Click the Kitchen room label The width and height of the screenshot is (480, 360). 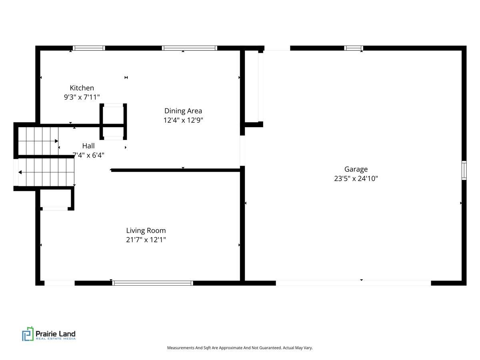(x=82, y=88)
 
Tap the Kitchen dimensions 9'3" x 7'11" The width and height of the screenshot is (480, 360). (x=82, y=97)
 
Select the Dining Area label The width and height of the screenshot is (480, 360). (x=183, y=111)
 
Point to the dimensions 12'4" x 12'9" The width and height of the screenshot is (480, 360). (x=183, y=120)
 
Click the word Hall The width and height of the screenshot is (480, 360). (x=88, y=146)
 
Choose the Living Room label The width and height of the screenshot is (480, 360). (x=146, y=231)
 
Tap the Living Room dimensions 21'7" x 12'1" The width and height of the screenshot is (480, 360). (x=146, y=240)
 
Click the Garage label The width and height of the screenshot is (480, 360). (x=356, y=169)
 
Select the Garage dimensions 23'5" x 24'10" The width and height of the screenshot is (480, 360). (x=356, y=178)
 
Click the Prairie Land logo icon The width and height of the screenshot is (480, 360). (x=28, y=334)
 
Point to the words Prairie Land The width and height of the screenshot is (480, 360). (x=56, y=334)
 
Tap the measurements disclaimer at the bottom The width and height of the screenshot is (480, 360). (x=240, y=348)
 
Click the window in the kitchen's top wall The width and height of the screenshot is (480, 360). (x=89, y=48)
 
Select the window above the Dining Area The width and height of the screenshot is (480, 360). (x=189, y=48)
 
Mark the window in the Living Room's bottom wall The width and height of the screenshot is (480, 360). (x=153, y=283)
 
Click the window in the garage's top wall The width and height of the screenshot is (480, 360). (x=354, y=48)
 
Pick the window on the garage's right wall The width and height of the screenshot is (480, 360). (x=464, y=170)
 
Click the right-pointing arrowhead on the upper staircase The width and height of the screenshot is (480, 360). (x=56, y=141)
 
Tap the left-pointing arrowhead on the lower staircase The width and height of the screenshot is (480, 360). (x=20, y=172)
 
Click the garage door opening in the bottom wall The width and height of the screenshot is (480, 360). (x=353, y=283)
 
